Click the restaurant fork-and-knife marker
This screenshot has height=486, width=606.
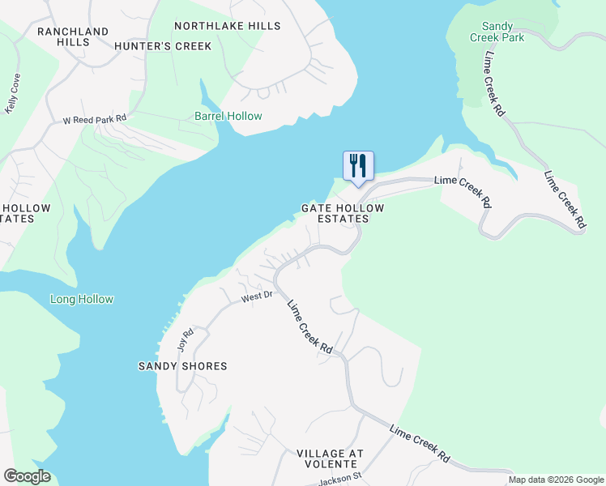(x=358, y=167)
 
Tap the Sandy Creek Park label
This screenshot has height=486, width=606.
(x=497, y=32)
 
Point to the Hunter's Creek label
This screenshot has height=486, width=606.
(x=163, y=46)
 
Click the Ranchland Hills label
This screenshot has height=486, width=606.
(x=73, y=37)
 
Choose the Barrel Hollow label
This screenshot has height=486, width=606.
(x=228, y=116)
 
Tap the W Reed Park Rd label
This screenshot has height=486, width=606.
(x=96, y=119)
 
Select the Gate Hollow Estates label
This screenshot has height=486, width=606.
(x=343, y=213)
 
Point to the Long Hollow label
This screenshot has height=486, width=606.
(x=82, y=299)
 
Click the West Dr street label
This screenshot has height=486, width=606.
(x=254, y=298)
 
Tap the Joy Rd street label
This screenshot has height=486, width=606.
(x=186, y=339)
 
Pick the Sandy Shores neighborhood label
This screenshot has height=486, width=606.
(x=182, y=366)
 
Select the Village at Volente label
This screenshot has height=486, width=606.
(x=330, y=458)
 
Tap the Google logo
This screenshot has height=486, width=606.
(x=27, y=476)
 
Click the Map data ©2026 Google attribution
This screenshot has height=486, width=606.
(x=556, y=480)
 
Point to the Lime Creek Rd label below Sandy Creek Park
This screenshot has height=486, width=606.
(x=494, y=85)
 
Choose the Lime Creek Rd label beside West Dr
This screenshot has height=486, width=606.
(x=310, y=326)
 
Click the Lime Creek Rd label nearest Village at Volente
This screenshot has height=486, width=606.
(x=420, y=443)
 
